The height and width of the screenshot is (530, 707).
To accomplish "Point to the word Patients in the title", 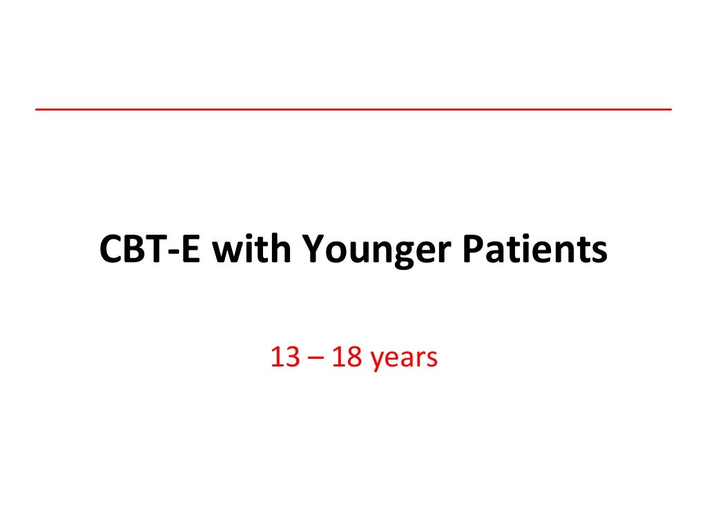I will click(535, 250).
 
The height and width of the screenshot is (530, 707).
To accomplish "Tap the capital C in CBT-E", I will click(111, 250).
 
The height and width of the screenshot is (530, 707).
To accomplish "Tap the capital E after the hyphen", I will click(194, 250).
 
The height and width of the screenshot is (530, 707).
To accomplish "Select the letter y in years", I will click(377, 362).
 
